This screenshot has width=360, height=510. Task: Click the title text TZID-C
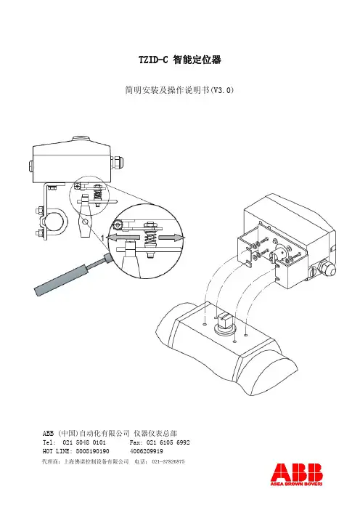[153, 60]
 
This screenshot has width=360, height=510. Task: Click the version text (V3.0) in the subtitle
[222, 90]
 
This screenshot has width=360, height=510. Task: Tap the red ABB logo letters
[297, 473]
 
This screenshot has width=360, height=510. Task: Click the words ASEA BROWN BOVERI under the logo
[297, 484]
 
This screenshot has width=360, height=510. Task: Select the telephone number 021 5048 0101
[83, 442]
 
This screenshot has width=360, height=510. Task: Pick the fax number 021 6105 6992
[168, 442]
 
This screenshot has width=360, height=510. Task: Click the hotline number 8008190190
[93, 451]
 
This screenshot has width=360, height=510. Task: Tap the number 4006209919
[147, 451]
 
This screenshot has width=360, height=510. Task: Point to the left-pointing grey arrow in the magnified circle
[118, 238]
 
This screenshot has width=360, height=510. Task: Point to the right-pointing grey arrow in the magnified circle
[172, 238]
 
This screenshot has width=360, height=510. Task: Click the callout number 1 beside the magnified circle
[102, 238]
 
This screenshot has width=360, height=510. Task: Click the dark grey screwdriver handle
[61, 280]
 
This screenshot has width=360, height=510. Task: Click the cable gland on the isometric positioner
[327, 267]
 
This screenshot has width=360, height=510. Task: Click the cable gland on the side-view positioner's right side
[118, 162]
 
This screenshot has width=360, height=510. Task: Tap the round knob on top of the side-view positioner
[81, 139]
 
